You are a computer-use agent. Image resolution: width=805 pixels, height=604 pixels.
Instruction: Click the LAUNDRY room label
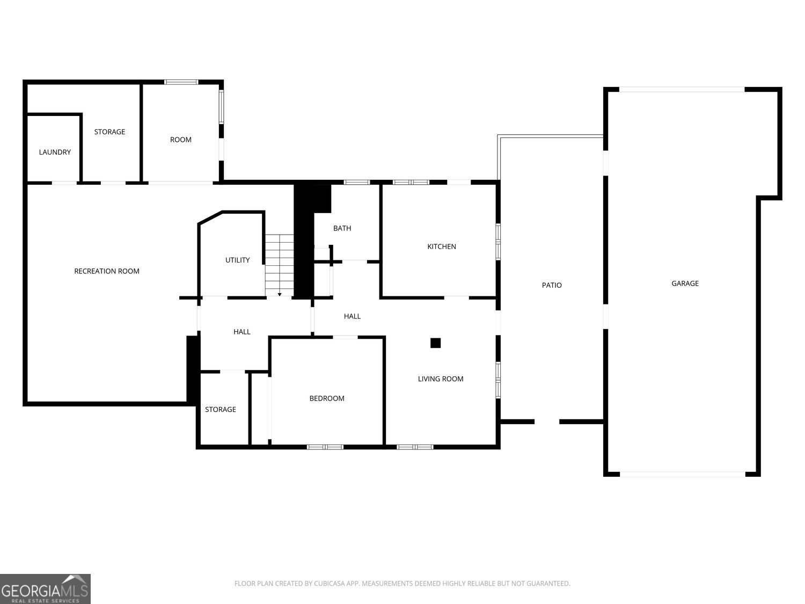pyautogui.click(x=55, y=152)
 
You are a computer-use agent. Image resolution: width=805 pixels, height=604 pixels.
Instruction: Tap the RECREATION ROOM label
pyautogui.click(x=107, y=271)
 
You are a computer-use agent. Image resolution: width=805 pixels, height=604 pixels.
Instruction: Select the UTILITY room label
pyautogui.click(x=237, y=260)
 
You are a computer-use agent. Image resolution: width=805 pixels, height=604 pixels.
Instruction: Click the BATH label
pyautogui.click(x=342, y=228)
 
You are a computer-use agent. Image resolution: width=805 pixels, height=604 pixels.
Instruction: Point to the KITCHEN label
pyautogui.click(x=441, y=246)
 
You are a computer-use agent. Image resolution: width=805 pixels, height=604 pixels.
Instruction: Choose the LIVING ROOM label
pyautogui.click(x=440, y=379)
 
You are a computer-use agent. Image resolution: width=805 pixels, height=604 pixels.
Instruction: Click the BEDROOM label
pyautogui.click(x=326, y=398)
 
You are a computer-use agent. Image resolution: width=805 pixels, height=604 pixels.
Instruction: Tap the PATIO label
pyautogui.click(x=551, y=285)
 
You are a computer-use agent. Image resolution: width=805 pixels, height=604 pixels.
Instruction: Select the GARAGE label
pyautogui.click(x=685, y=283)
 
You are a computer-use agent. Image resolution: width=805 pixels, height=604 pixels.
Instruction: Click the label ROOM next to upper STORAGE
pyautogui.click(x=180, y=140)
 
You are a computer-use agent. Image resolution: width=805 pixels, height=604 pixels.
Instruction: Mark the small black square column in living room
pyautogui.click(x=435, y=343)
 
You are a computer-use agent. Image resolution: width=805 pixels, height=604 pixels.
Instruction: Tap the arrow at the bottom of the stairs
pyautogui.click(x=280, y=294)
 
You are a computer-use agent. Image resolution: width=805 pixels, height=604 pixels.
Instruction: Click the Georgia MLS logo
pyautogui.click(x=45, y=588)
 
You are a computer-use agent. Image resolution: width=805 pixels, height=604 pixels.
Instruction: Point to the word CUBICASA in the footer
pyautogui.click(x=329, y=584)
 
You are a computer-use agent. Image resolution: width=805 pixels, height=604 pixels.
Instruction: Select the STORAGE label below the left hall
pyautogui.click(x=220, y=410)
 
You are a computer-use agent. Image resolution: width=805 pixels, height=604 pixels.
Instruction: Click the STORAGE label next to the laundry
pyautogui.click(x=109, y=132)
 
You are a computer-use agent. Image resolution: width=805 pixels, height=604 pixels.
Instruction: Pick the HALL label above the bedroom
pyautogui.click(x=352, y=316)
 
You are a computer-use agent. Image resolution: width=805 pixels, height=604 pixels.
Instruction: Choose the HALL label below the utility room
pyautogui.click(x=241, y=332)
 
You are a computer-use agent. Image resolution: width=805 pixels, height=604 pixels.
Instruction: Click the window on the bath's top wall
pyautogui.click(x=357, y=182)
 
